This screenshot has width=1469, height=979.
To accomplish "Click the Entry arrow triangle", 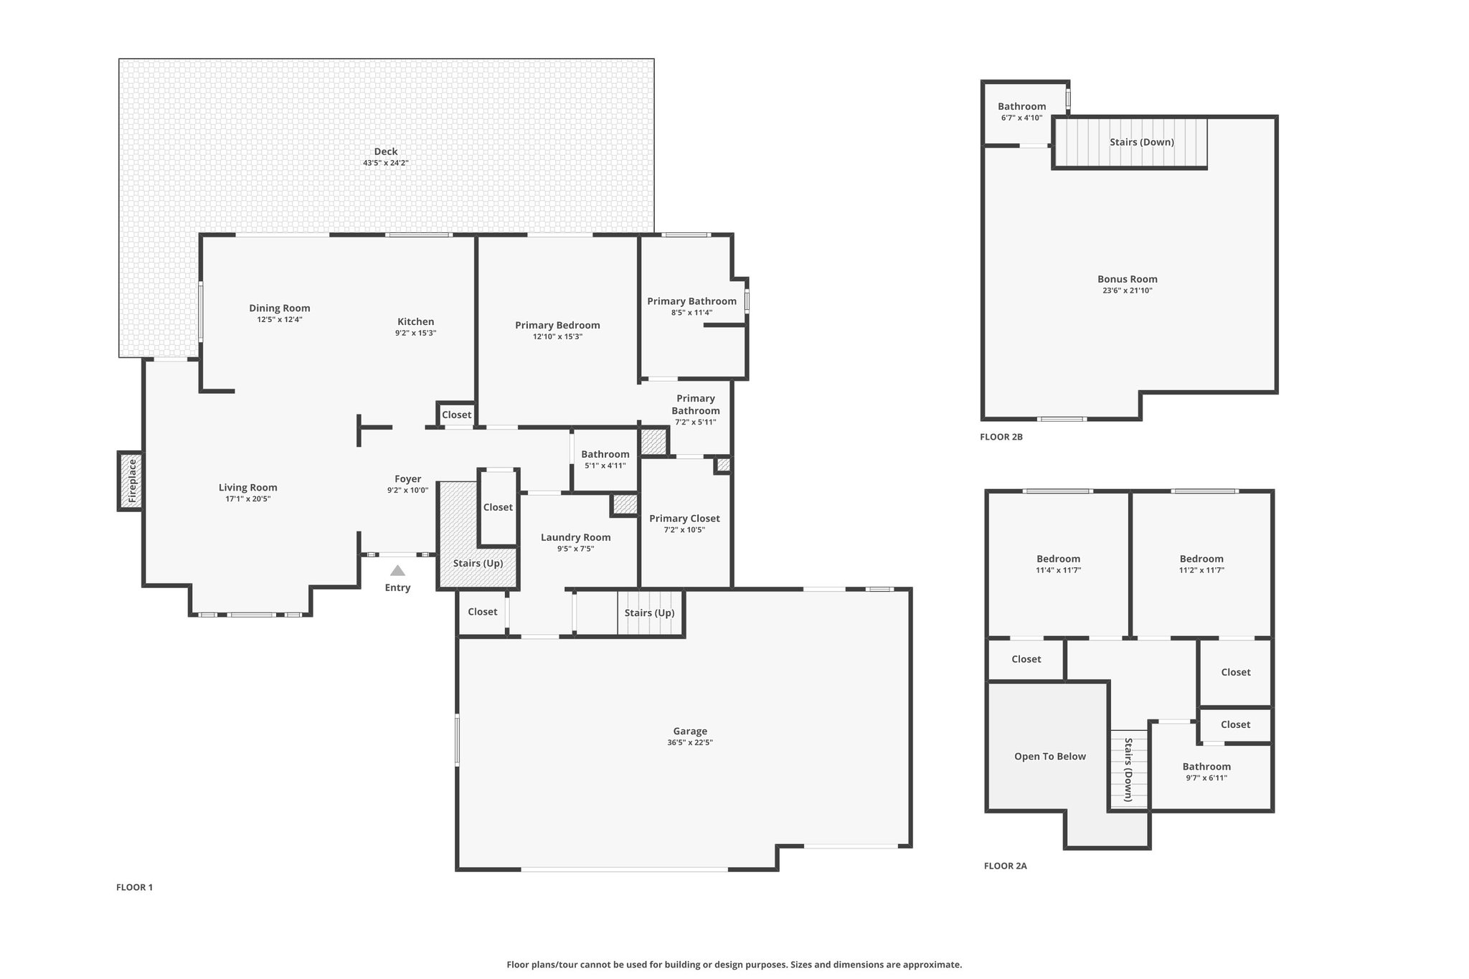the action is pyautogui.click(x=397, y=571).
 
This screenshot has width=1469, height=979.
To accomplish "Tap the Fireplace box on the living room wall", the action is pyautogui.click(x=131, y=481).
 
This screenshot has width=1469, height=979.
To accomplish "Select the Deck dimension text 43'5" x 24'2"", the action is pyautogui.click(x=386, y=163).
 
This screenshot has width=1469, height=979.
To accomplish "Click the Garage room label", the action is pyautogui.click(x=690, y=732).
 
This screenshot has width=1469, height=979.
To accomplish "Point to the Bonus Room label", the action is pyautogui.click(x=1128, y=279).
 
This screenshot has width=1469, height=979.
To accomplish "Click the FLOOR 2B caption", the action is pyautogui.click(x=1001, y=437).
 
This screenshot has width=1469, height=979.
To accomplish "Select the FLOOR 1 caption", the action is pyautogui.click(x=135, y=887).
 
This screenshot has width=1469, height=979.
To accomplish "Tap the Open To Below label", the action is pyautogui.click(x=1050, y=756).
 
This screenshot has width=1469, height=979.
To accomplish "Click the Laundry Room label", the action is pyautogui.click(x=576, y=537).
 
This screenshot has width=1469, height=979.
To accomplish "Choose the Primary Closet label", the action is pyautogui.click(x=684, y=519).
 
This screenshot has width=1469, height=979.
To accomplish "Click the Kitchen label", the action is pyautogui.click(x=416, y=321).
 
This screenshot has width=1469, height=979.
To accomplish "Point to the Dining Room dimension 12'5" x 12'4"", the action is pyautogui.click(x=280, y=320).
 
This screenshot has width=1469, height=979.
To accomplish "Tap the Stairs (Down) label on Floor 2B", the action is pyautogui.click(x=1142, y=142).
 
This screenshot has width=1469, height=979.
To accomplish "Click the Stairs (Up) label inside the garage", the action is pyautogui.click(x=650, y=613).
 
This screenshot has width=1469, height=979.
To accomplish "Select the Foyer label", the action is pyautogui.click(x=408, y=479).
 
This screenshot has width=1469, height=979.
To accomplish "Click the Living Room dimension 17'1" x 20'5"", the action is pyautogui.click(x=248, y=499).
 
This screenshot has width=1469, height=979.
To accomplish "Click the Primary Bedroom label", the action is pyautogui.click(x=557, y=325).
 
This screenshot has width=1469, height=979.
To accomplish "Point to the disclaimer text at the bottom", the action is pyautogui.click(x=734, y=965).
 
